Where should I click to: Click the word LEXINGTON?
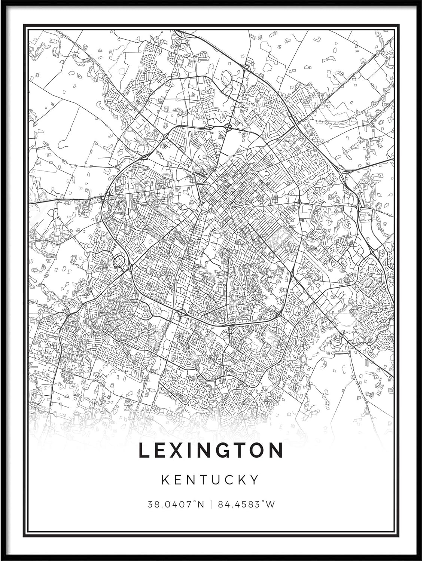(x=211, y=450)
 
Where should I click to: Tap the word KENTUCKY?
(x=211, y=479)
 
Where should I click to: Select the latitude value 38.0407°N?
(x=176, y=504)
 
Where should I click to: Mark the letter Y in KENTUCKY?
(x=255, y=479)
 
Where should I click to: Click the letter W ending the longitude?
(x=271, y=504)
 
